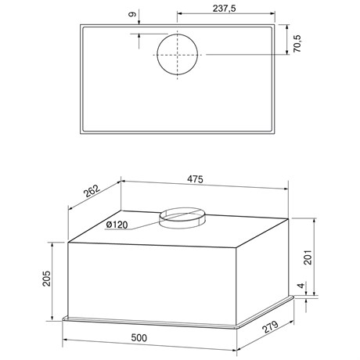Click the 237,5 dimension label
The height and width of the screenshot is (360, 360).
coord(224,9)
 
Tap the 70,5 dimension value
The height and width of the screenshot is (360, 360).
coord(297,43)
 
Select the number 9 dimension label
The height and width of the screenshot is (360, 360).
coord(132,14)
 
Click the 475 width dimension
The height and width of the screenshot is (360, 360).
coord(195,179)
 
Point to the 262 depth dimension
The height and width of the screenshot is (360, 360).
coord(92,192)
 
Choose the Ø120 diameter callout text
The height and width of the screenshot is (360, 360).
coord(117,225)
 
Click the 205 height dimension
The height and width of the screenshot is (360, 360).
coord(47,279)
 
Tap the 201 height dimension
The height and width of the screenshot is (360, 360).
coord(308,257)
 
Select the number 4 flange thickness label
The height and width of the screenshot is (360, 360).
coord(301,286)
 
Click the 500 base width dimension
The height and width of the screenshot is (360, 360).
coord(139,338)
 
